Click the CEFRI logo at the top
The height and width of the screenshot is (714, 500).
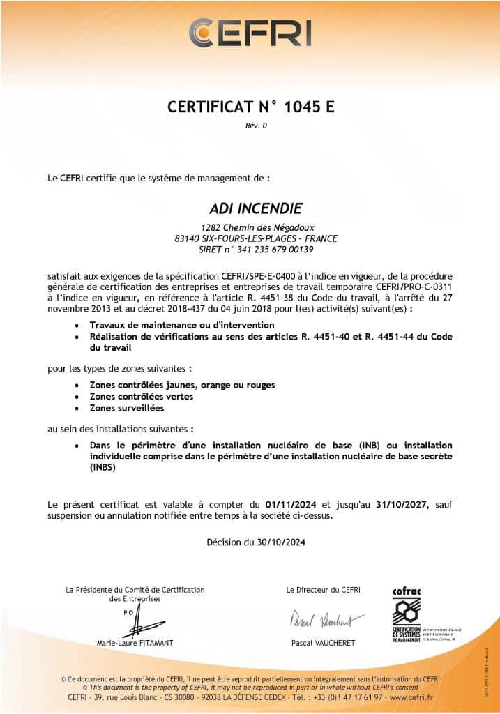click(250, 33)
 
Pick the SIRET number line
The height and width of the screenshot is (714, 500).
click(257, 249)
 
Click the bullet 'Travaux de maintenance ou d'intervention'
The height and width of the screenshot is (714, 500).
click(182, 325)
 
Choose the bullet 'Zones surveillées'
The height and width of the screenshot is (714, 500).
click(127, 407)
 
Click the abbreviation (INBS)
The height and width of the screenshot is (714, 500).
click(103, 469)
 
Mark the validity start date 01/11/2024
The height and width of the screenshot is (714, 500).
click(290, 503)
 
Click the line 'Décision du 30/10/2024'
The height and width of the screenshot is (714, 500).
click(256, 542)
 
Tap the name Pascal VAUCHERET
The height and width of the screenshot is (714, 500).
click(323, 643)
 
